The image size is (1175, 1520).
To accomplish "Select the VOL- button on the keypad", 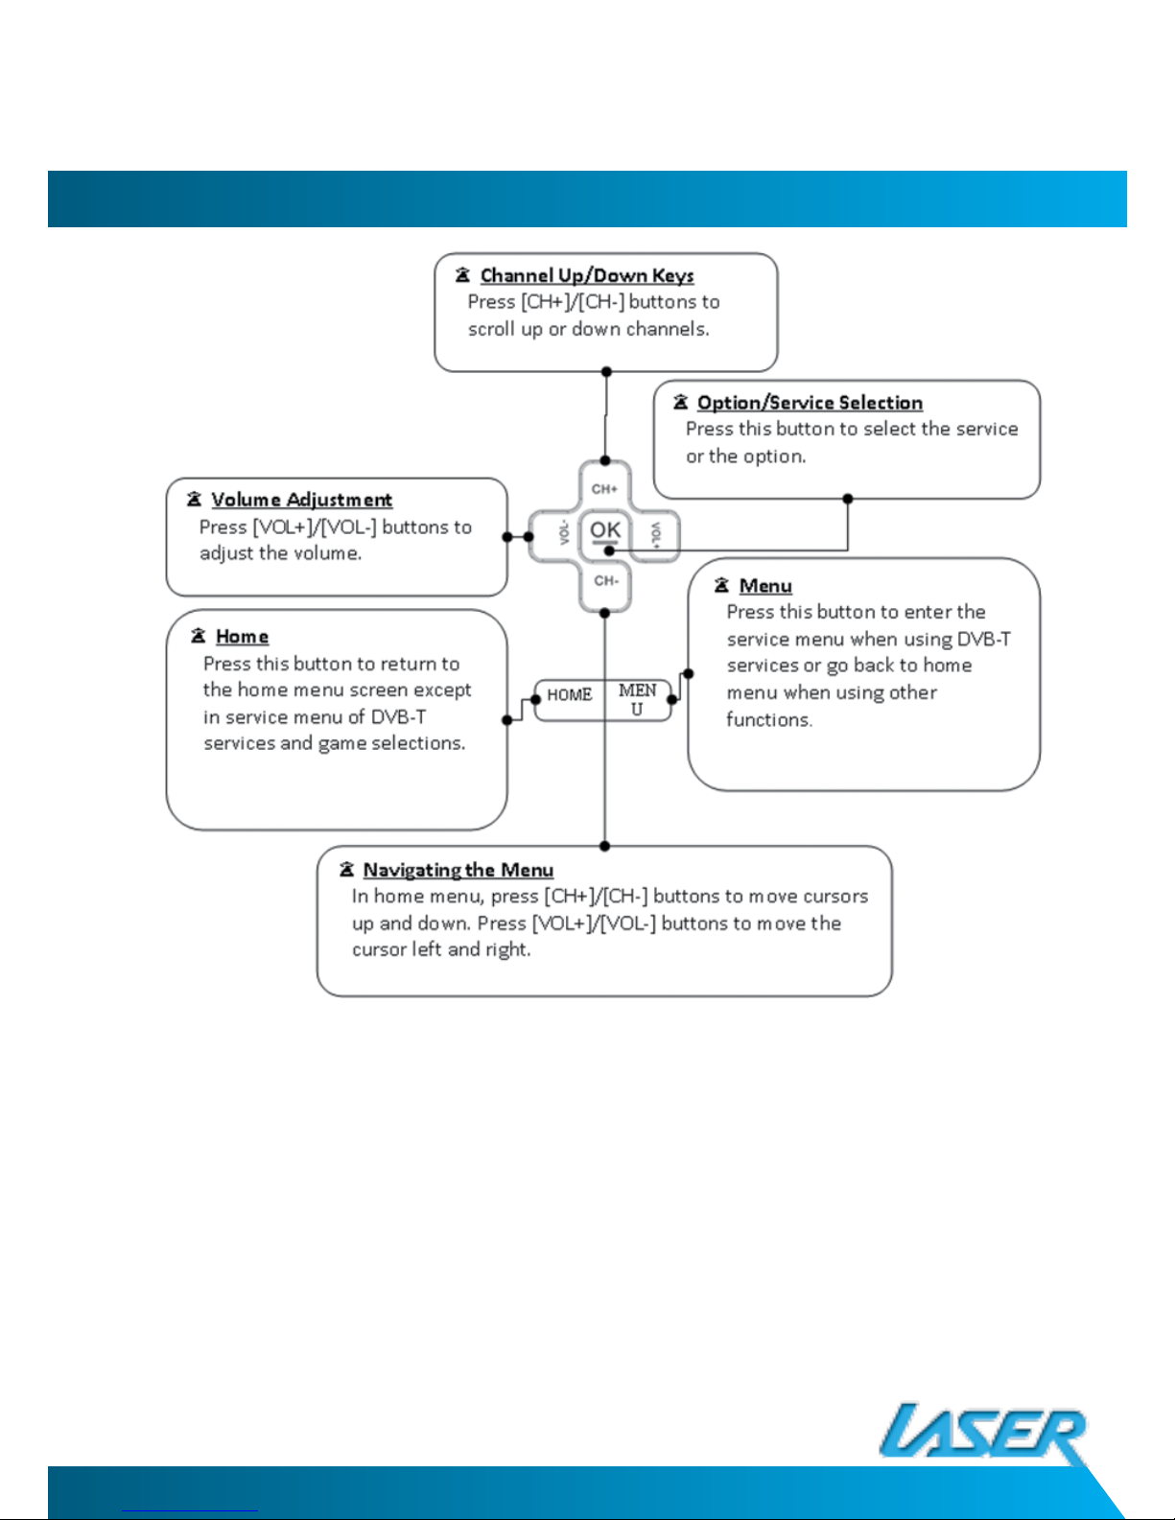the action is [x=554, y=536].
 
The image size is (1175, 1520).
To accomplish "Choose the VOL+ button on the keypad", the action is [x=655, y=536].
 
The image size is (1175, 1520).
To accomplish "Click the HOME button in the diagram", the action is [x=570, y=699].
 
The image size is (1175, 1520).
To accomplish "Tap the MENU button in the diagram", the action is [x=637, y=699].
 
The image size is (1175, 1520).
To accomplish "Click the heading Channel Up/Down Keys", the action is [x=587, y=275].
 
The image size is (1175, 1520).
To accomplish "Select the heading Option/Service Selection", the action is [x=810, y=402].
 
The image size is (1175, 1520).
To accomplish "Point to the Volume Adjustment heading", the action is [x=301, y=500].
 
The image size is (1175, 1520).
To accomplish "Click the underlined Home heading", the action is [x=242, y=636].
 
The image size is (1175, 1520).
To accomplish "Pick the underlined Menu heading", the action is [x=765, y=586].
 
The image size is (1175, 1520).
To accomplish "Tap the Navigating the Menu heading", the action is [x=458, y=870].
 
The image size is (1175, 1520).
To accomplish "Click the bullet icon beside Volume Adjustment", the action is [x=194, y=500].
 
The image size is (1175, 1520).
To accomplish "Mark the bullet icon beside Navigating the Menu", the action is [x=346, y=870].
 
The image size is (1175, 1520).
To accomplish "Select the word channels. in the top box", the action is [x=668, y=329].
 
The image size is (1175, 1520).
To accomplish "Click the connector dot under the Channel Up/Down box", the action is [x=606, y=371].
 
